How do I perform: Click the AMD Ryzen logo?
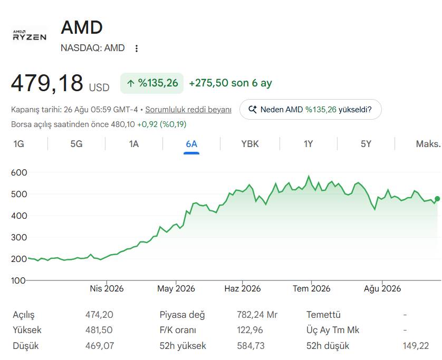point(30,35)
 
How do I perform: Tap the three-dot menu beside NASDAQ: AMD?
point(137,48)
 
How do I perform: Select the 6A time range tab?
point(191,144)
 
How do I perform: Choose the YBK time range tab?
point(250,144)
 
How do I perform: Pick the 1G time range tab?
point(18,144)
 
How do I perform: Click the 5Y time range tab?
point(366,144)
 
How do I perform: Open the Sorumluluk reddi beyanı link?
point(188,110)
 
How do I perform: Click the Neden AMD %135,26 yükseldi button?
point(310,109)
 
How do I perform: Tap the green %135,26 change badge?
point(152,83)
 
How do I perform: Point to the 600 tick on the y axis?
point(19,172)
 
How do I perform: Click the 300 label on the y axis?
point(19,237)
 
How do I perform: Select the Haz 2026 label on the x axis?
point(243,288)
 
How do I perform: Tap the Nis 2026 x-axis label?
point(107,288)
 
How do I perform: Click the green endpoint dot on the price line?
point(437,199)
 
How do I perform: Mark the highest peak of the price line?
point(309,177)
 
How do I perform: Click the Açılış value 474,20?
point(99,315)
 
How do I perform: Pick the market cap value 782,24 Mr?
point(257,315)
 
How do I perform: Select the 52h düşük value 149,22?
point(416,346)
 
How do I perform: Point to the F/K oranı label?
point(178,330)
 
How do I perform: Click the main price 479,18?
point(47,83)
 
